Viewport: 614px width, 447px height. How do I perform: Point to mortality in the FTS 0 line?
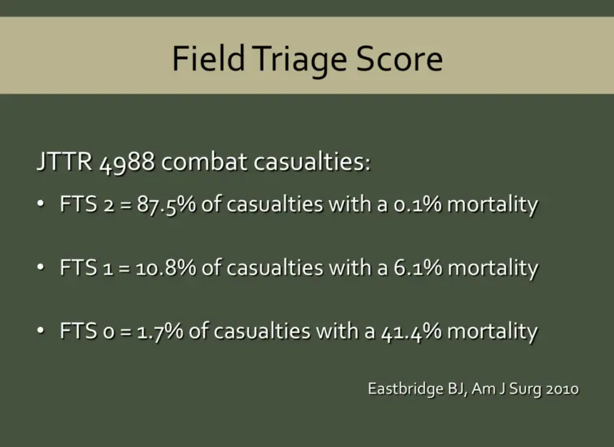click(x=492, y=331)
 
